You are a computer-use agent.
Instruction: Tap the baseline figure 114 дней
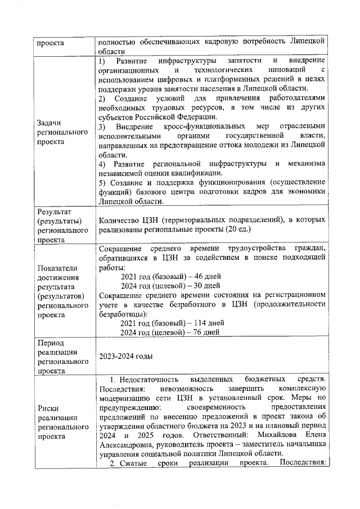point(210,323)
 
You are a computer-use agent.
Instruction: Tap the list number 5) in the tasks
point(102,183)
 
